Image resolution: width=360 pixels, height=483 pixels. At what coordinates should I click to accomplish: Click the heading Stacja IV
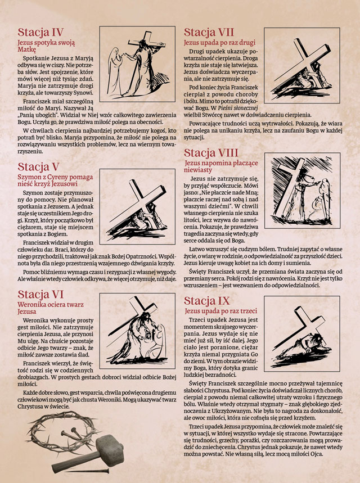[x=40, y=32]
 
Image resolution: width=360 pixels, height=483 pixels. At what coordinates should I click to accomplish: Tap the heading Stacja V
[x=38, y=166]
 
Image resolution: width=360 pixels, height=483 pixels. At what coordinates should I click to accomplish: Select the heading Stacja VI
[x=40, y=294]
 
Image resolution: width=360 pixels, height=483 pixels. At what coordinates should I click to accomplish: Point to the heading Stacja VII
[x=209, y=32]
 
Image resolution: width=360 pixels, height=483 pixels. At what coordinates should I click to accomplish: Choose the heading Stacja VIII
[x=211, y=153]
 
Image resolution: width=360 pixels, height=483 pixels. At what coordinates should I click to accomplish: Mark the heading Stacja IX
[x=206, y=301]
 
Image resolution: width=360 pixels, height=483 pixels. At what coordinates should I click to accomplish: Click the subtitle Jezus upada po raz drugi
[x=219, y=43]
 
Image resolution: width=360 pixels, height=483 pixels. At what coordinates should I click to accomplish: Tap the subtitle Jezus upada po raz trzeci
[x=221, y=311]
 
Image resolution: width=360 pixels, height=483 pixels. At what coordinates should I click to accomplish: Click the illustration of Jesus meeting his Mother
[x=137, y=64]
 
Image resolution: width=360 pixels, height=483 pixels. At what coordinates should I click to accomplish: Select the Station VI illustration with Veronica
[x=137, y=331]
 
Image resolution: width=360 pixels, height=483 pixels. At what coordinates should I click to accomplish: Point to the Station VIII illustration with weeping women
[x=303, y=191]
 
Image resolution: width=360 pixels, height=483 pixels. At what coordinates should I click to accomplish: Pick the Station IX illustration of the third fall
[x=302, y=333]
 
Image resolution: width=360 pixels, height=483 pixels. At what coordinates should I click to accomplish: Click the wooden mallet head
[x=110, y=446]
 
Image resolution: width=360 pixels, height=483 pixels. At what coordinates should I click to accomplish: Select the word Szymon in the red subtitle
[x=28, y=178]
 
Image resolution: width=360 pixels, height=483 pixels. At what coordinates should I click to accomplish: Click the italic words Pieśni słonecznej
[x=237, y=108]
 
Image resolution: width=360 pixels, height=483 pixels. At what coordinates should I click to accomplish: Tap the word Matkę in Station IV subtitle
[x=27, y=49]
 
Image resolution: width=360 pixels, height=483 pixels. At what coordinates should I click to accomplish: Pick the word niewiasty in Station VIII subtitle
[x=198, y=170]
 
